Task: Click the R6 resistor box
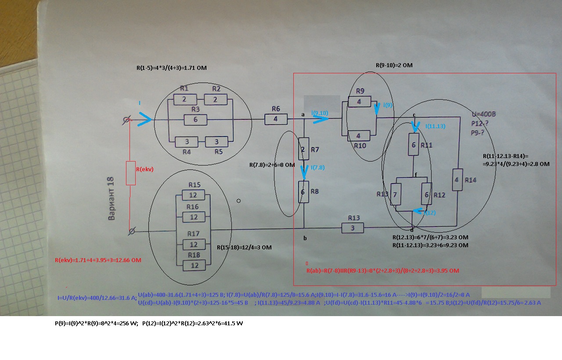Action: pos(276,119)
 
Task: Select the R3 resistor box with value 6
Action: pos(195,119)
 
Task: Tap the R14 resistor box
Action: pos(457,180)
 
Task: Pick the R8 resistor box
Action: pos(303,192)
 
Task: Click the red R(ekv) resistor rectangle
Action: pos(130,173)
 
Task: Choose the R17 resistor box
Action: pos(194,244)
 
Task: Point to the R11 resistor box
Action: pos(413,144)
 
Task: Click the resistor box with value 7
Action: pos(396,194)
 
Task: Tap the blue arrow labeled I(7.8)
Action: pos(303,170)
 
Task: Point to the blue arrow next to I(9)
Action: pos(377,108)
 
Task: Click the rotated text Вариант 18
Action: pos(111,198)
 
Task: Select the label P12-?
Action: pos(479,124)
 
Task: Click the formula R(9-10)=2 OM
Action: pos(394,65)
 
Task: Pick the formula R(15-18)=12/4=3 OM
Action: pos(244,248)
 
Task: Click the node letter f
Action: pos(416,174)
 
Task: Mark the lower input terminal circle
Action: pos(131,231)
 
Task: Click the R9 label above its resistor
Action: pos(360,91)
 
